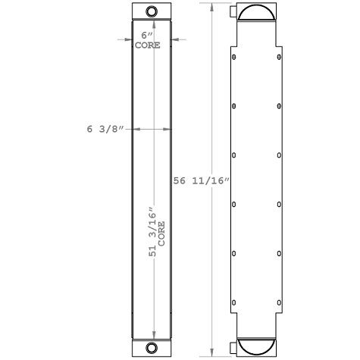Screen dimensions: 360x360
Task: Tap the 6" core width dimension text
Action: tap(147, 36)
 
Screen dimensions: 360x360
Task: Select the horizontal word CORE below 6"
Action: tap(148, 45)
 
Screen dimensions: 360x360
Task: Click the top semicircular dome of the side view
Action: tap(257, 12)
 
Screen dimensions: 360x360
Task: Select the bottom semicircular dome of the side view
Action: tap(257, 348)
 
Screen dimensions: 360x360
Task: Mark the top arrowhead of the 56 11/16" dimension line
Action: tap(211, 6)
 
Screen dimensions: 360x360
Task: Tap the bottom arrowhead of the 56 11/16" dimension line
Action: tap(211, 352)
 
